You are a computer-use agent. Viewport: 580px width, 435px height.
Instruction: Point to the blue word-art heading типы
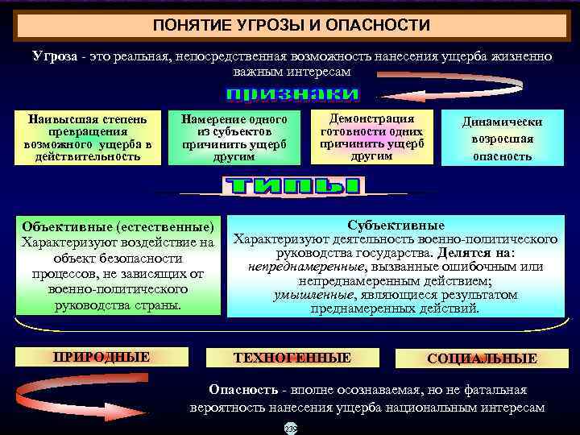pyautogui.click(x=292, y=186)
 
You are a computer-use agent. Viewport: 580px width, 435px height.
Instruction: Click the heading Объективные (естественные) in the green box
pyautogui.click(x=118, y=227)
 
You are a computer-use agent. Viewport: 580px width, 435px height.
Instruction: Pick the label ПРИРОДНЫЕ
pyautogui.click(x=101, y=357)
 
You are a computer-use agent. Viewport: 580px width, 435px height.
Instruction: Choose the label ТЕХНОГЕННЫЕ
pyautogui.click(x=292, y=358)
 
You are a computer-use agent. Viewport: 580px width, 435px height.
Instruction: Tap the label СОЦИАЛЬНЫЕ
pyautogui.click(x=482, y=358)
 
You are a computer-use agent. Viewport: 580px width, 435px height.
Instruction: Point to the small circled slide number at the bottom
pyautogui.click(x=290, y=428)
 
